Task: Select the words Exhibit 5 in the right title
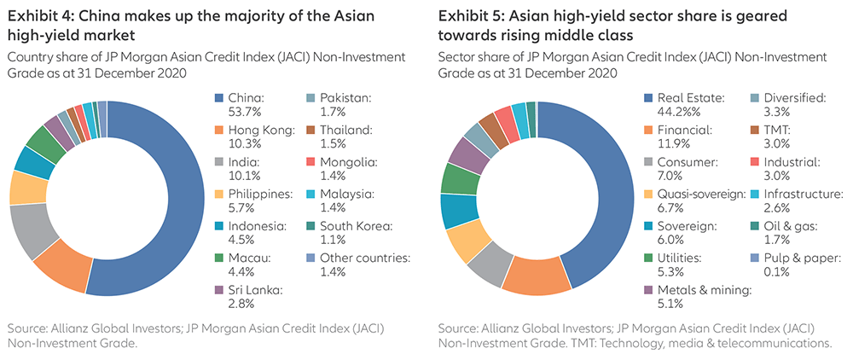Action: [x=469, y=16]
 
